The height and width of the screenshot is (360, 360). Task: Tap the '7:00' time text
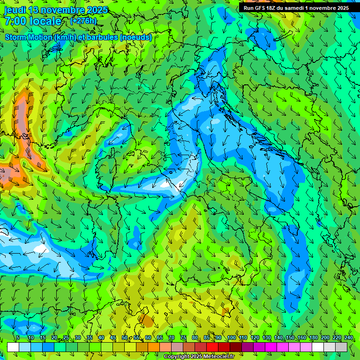tap(15, 21)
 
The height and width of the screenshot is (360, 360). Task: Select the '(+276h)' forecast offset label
tap(83, 21)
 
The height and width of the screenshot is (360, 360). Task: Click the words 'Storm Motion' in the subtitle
tap(29, 37)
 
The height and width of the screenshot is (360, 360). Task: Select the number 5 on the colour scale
tap(18, 337)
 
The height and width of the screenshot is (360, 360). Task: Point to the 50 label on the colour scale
tap(124, 337)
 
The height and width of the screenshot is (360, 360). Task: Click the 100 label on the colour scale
tap(231, 337)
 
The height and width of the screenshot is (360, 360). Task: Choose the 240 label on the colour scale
tap(348, 337)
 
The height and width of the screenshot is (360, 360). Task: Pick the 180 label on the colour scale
tap(313, 337)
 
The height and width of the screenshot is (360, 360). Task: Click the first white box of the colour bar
tap(13, 347)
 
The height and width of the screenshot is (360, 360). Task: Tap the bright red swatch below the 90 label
tap(212, 347)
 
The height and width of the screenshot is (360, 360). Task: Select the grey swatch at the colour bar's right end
tap(341, 347)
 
